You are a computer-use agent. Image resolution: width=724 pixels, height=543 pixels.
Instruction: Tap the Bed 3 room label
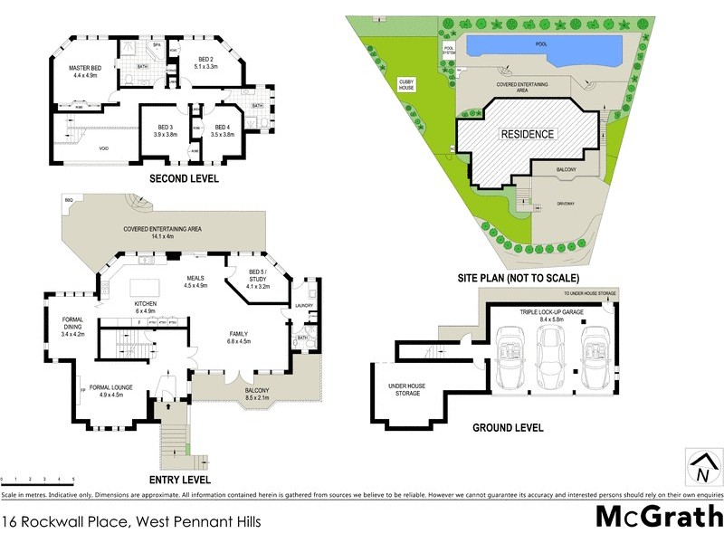click(x=165, y=130)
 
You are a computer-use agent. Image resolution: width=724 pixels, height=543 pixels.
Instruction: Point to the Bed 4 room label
click(x=222, y=130)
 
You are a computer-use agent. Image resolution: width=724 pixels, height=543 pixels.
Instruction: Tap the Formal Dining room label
click(x=72, y=325)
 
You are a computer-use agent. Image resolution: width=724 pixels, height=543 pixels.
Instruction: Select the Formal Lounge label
click(x=111, y=390)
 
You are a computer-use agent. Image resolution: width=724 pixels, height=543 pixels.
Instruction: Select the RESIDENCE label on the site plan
click(x=528, y=134)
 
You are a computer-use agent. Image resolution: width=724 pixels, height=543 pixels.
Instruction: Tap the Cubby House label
click(x=407, y=84)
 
